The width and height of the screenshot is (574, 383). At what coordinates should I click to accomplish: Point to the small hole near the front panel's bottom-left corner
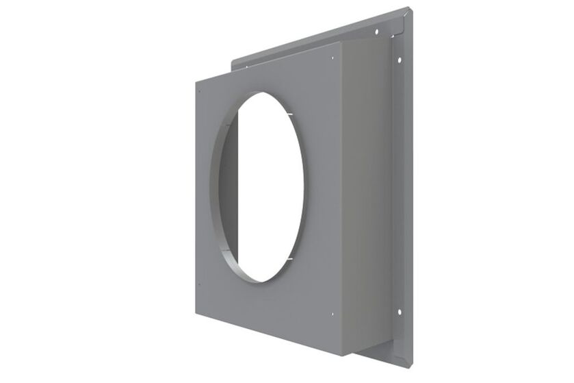click(x=198, y=285)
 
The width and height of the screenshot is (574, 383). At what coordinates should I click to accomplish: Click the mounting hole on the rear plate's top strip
click(x=377, y=32)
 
